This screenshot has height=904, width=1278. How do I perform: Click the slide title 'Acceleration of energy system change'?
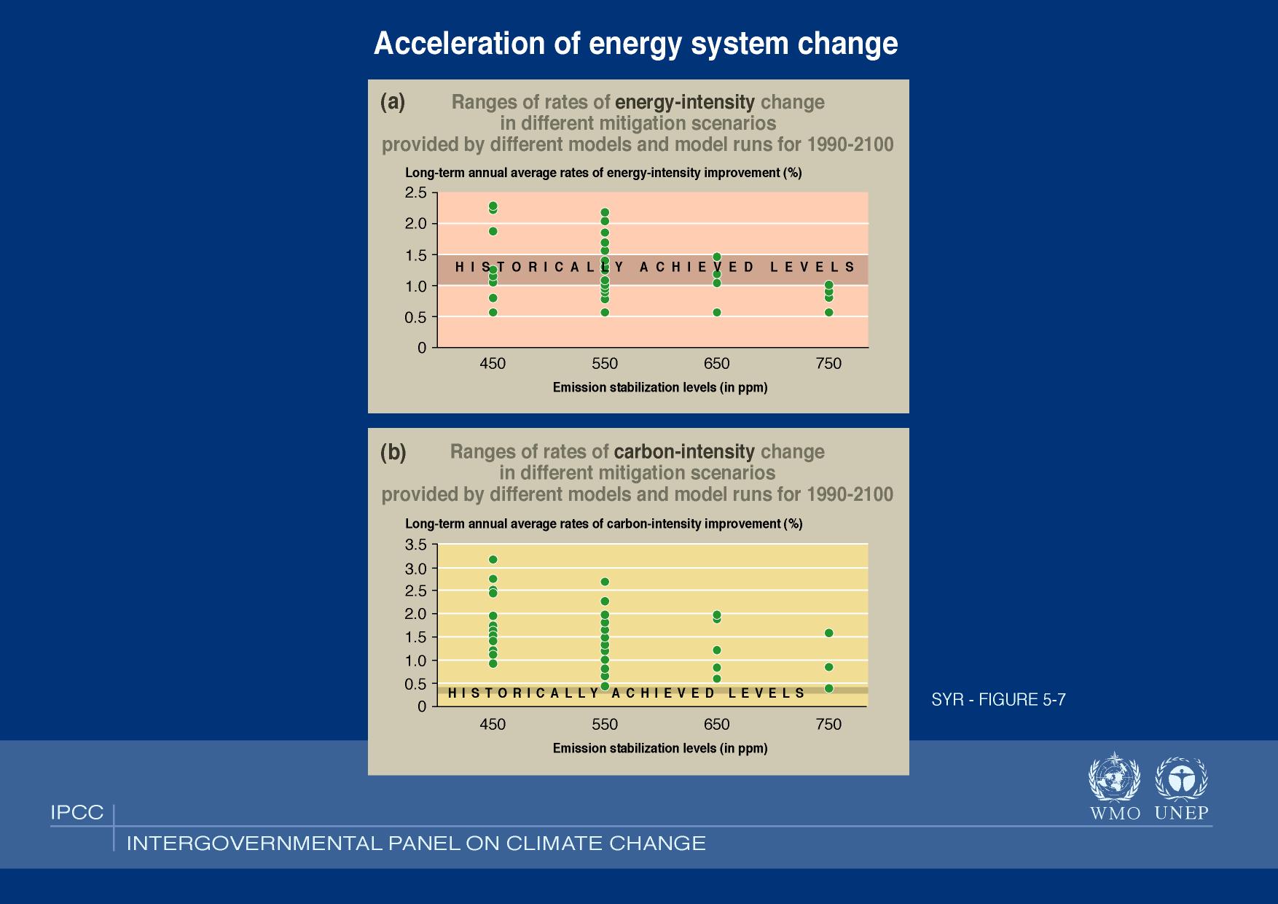click(x=635, y=44)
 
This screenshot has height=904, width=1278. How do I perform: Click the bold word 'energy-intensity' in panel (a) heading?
click(x=685, y=102)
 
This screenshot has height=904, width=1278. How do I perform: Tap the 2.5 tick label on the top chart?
click(x=416, y=192)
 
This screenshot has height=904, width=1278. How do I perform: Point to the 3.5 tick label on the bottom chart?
click(x=416, y=545)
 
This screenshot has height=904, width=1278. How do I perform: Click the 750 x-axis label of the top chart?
click(x=828, y=364)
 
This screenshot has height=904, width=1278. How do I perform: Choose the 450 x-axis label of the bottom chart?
click(x=493, y=725)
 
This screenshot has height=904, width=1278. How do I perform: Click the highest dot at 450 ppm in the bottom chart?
click(x=493, y=560)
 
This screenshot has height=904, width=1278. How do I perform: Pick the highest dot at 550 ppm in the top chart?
click(x=605, y=213)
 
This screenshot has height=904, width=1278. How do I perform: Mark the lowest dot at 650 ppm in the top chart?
click(x=717, y=313)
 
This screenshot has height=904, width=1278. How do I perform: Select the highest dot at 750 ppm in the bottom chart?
click(x=828, y=633)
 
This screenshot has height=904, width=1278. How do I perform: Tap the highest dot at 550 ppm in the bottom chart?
click(x=605, y=582)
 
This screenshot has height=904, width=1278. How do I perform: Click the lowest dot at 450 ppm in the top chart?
click(x=493, y=313)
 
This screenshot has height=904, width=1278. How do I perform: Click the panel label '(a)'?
click(x=393, y=102)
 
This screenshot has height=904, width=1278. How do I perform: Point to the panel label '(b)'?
click(x=393, y=453)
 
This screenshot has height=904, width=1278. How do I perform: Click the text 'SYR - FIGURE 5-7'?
click(x=998, y=700)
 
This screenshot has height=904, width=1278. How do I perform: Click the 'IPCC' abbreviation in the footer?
click(x=77, y=813)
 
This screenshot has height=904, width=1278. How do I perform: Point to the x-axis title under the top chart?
click(x=660, y=388)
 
